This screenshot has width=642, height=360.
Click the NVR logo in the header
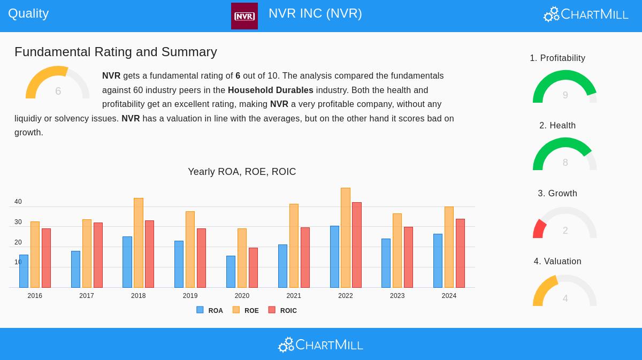point(244,16)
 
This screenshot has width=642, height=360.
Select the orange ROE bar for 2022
point(346,238)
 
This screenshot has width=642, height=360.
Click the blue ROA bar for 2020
point(231,272)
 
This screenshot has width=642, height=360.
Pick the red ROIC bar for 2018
point(149,254)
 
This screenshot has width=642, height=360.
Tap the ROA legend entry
point(210,310)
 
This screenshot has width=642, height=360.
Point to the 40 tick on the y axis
point(18,202)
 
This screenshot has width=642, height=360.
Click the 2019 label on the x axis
point(190,296)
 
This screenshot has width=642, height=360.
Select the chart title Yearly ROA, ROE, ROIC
point(242,172)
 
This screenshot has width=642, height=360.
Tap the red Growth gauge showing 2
point(565,224)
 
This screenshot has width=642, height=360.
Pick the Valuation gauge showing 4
point(565,292)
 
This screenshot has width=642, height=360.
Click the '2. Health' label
point(557,126)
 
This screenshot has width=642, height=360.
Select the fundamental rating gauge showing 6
point(58,83)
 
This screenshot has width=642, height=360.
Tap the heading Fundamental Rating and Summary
point(116,52)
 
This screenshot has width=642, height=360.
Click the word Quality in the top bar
point(28,13)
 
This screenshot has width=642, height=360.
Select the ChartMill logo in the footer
point(320,344)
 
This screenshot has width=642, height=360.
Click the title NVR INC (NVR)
point(315,13)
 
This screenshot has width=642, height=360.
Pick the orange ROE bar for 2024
point(449,247)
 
